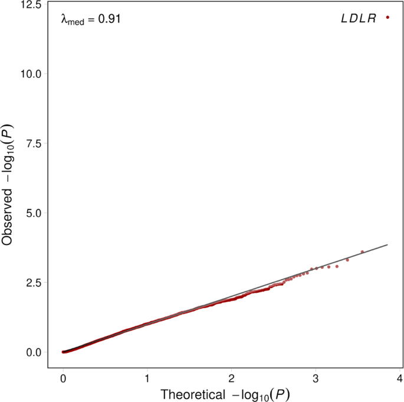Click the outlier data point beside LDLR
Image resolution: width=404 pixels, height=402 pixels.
pos(387,18)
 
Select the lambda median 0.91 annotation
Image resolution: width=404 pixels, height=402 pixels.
pos(91,19)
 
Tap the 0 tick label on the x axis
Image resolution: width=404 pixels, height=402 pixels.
pos(63,378)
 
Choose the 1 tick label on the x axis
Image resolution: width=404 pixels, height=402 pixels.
pos(147,378)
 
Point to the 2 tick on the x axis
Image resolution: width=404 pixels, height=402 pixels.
pos(232,378)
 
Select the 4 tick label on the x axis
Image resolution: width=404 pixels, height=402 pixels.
pos(400,378)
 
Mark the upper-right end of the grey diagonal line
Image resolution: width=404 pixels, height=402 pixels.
pos(387,244)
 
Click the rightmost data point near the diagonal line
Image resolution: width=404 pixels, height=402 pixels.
pos(362,251)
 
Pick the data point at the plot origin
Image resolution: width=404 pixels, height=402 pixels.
pos(64,352)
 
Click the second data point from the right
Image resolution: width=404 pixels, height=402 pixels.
pos(347,260)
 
